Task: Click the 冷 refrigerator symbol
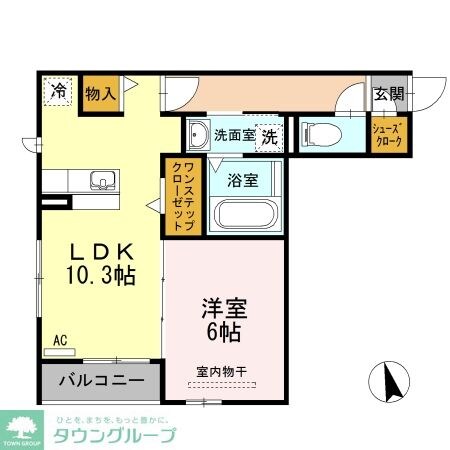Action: coord(59,91)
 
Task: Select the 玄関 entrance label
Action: coord(388,95)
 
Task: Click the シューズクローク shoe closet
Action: coord(387,135)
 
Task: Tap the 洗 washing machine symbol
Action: coord(268,135)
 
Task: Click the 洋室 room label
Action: coord(224,305)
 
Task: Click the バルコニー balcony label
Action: coord(100,380)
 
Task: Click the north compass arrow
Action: coord(391,381)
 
